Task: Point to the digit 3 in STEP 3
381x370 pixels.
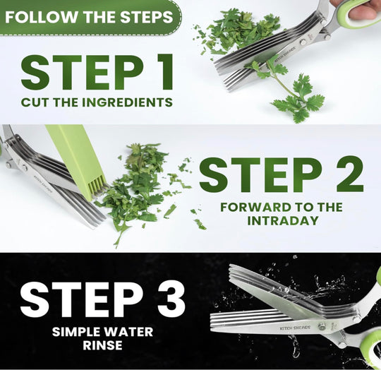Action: pyautogui.click(x=171, y=299)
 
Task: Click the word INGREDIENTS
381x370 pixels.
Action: pyautogui.click(x=127, y=102)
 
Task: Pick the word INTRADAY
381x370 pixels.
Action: pyautogui.click(x=283, y=220)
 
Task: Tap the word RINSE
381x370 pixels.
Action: pyautogui.click(x=102, y=345)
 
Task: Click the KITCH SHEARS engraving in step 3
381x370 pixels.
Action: pyautogui.click(x=295, y=328)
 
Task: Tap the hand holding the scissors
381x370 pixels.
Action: pyautogui.click(x=356, y=8)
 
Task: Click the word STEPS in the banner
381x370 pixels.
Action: pyautogui.click(x=147, y=17)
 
